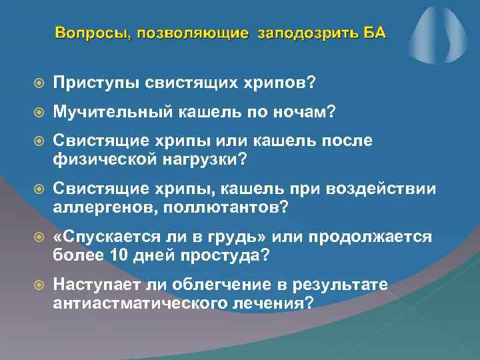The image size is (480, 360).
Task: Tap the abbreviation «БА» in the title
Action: tap(373, 33)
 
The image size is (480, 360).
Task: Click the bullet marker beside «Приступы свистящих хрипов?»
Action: tap(39, 83)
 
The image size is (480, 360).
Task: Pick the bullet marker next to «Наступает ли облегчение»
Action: tap(39, 286)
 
